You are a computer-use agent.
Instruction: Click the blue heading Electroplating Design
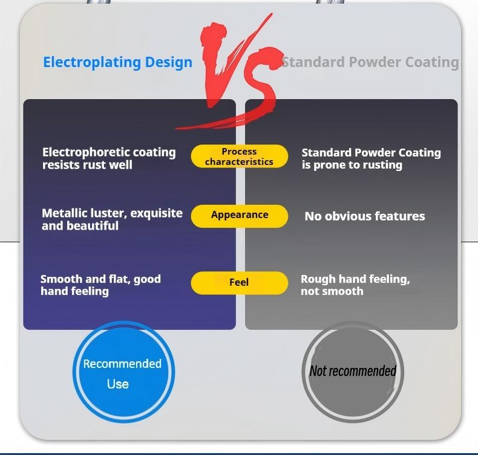117,62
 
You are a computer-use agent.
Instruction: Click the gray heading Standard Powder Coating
370,62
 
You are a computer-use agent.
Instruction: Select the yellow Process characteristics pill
239,157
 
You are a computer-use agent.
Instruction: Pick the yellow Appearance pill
239,215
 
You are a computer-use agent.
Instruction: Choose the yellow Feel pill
239,282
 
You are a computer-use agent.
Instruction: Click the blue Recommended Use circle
123,372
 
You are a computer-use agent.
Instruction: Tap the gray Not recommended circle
352,371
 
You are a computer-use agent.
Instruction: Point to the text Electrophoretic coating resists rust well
109,158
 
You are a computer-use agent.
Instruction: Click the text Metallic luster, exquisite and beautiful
112,219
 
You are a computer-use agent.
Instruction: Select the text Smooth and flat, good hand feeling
100,285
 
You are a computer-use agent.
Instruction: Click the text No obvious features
364,216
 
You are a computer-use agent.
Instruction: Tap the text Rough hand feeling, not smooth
355,285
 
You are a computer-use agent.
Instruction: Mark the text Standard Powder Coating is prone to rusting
371,158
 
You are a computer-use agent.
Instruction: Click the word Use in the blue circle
117,384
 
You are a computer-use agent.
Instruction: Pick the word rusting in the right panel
382,165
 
